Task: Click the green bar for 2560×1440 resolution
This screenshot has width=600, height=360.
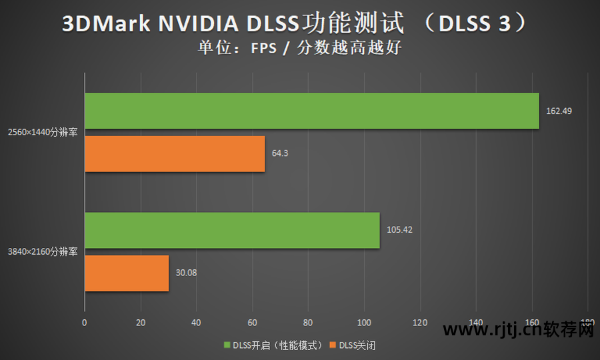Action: pos(311,111)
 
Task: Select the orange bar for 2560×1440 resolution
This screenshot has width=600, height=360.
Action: pos(175,154)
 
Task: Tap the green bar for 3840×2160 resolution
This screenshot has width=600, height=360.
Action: pos(232,231)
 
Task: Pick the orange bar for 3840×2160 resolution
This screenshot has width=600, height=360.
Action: pos(127,273)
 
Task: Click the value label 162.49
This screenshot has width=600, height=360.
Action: pos(559,111)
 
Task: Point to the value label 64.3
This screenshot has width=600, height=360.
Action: pos(280,153)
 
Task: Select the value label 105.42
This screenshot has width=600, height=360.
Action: pos(400,230)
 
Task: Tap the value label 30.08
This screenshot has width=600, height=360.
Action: pos(187,273)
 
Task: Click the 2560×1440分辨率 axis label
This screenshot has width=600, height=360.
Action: pos(43,132)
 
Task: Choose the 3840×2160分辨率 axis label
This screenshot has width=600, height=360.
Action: pos(43,252)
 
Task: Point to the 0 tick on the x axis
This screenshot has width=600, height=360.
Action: pos(85,323)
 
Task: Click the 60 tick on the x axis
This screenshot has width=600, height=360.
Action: pos(252,323)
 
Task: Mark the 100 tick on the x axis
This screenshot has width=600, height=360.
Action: pos(364,323)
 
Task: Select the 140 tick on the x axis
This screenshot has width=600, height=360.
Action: pos(476,323)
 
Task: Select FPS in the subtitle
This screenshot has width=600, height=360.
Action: pos(265,48)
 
